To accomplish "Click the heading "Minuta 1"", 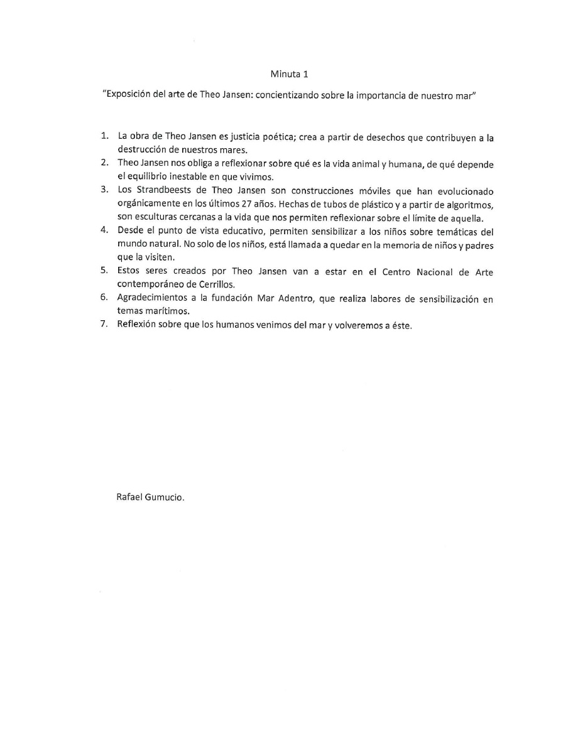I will [289, 75].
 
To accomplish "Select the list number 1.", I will [105, 136].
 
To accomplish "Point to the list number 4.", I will [105, 230].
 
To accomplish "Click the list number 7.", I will [105, 325].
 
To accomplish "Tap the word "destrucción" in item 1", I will [140, 149].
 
